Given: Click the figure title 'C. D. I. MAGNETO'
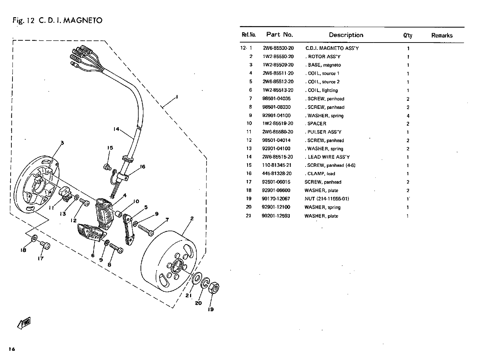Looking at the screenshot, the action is [x=70, y=20].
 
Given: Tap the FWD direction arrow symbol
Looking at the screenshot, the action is [x=24, y=323].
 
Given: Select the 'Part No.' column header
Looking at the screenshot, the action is [x=280, y=34].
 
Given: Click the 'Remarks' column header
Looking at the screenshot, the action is [x=442, y=36].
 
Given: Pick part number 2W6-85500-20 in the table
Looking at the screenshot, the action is [x=278, y=48].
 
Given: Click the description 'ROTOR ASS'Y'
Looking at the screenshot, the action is [x=324, y=56].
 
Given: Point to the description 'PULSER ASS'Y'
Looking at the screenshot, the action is [x=324, y=132].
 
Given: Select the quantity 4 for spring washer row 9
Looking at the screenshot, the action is [x=408, y=116].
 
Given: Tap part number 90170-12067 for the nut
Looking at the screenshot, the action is [x=276, y=199].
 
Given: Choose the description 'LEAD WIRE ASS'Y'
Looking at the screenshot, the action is [x=329, y=157].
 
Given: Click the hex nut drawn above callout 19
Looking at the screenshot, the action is [x=214, y=287].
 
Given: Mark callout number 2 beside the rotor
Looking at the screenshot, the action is [x=191, y=218].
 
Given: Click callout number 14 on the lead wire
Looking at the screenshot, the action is [x=116, y=129].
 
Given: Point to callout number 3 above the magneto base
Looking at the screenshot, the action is [x=62, y=143].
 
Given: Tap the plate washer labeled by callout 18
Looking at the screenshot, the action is [x=34, y=238].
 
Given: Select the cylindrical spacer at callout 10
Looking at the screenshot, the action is [x=118, y=214].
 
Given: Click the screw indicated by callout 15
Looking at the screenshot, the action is [x=107, y=167].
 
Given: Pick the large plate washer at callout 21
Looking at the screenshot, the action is [x=197, y=278].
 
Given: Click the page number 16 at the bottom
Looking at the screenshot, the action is [x=12, y=349].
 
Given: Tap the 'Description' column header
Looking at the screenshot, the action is [x=346, y=35].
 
